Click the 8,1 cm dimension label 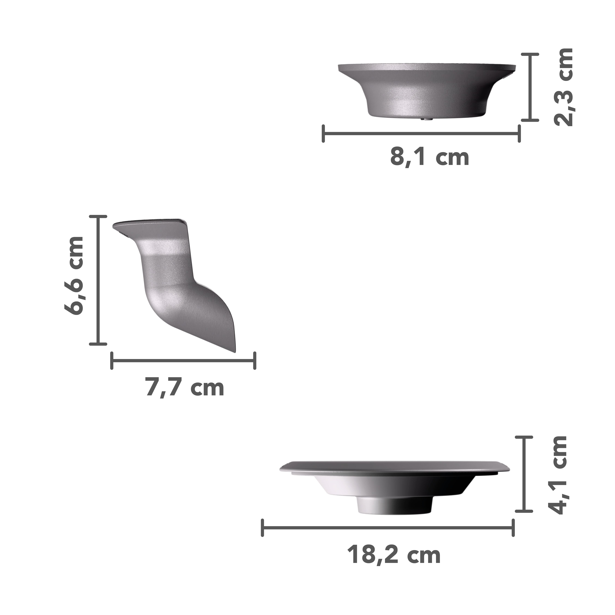pyautogui.click(x=430, y=157)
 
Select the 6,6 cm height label pyautogui.click(x=74, y=276)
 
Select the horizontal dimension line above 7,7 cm pyautogui.click(x=183, y=361)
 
